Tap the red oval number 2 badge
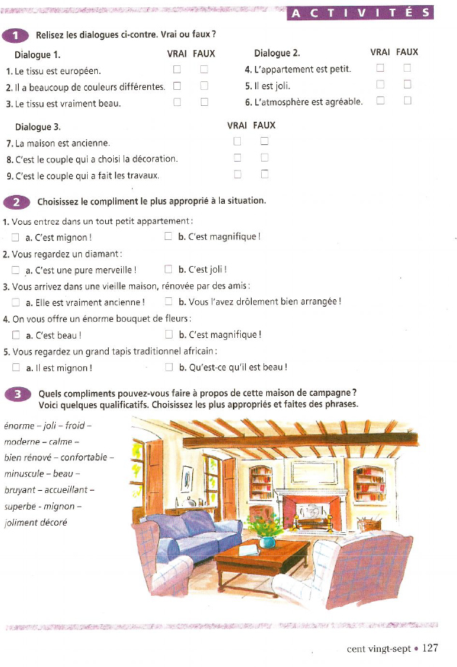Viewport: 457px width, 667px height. tap(15, 201)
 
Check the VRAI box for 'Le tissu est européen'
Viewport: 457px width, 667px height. tap(177, 70)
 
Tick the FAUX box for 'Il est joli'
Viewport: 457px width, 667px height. tap(407, 85)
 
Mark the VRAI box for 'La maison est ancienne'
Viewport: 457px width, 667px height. tap(237, 141)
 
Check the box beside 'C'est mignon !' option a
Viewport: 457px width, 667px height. tap(16, 236)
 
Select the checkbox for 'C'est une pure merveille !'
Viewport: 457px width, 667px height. tap(16, 270)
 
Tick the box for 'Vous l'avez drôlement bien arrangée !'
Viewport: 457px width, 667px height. tap(169, 302)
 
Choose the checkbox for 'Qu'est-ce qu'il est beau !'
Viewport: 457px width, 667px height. tap(169, 367)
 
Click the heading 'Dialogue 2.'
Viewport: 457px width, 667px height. tap(276, 53)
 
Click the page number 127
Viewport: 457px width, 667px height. tap(430, 647)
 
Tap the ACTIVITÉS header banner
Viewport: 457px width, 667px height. tap(360, 12)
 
